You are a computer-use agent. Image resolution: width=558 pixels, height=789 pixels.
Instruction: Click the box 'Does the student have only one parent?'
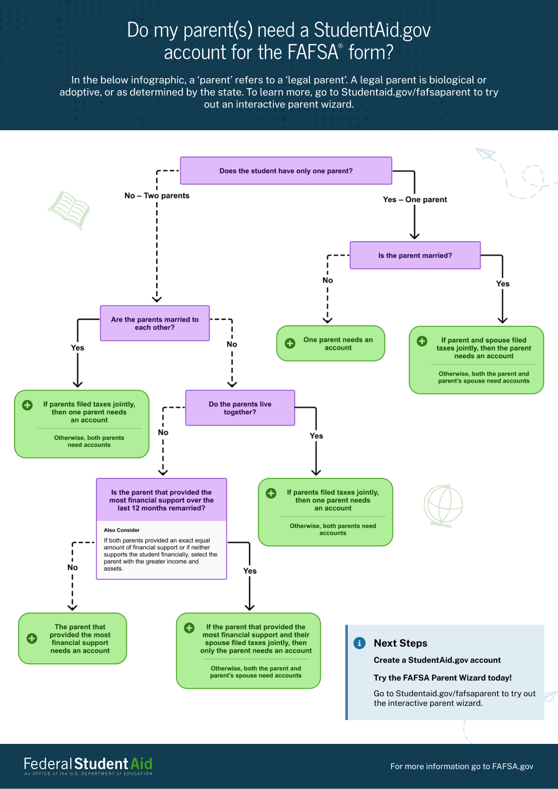pos(286,171)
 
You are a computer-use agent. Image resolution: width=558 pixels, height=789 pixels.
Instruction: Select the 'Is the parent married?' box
pos(415,255)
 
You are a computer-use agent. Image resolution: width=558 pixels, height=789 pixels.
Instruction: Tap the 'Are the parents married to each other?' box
pos(155,323)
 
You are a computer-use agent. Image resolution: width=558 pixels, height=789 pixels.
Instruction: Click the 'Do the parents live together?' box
pos(240,408)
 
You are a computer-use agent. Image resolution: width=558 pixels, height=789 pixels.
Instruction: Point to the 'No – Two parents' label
pos(157,196)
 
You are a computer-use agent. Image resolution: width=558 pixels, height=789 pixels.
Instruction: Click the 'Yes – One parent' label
pos(415,200)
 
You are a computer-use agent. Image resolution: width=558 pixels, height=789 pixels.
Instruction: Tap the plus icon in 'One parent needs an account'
pos(290,344)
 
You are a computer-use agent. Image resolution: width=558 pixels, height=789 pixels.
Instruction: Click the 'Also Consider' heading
pos(122,530)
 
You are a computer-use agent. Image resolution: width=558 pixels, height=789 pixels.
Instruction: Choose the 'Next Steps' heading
pos(401,643)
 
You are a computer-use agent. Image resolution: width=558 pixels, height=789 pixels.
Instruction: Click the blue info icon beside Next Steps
pos(359,643)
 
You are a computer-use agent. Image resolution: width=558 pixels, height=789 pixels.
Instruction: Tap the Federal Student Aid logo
pos(88,766)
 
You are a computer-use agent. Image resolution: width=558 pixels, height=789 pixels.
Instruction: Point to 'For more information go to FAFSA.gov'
pos(461,766)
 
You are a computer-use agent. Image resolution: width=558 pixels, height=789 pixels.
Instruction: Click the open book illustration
pos(69,209)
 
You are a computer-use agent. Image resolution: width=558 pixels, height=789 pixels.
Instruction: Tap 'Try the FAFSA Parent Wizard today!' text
pos(443,678)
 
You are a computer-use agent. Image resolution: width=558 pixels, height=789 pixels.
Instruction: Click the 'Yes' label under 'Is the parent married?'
pos(503,284)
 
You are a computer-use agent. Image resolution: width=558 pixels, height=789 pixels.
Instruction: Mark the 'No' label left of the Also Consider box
pos(73,568)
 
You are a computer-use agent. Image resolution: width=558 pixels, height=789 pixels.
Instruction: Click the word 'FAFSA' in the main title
pos(312,53)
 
